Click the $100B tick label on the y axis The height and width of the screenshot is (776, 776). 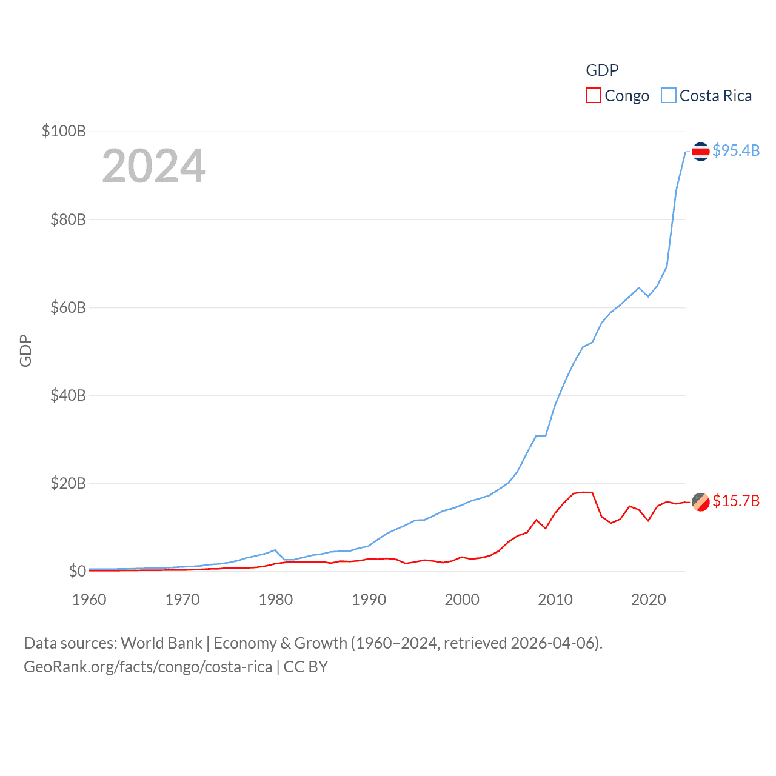64,131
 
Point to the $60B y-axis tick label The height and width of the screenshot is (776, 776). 68,307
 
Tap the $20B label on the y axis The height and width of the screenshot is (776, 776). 68,483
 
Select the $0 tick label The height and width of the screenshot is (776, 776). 77,571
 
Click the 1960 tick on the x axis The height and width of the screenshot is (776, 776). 89,600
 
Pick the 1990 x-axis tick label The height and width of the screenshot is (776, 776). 369,600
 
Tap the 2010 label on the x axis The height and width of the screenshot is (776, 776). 555,600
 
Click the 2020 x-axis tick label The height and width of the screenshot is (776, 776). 649,600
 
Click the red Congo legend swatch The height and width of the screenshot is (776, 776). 593,96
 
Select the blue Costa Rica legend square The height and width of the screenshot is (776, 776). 668,96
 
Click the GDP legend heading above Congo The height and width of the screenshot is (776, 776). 602,70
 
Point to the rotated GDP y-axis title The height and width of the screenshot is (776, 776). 25,350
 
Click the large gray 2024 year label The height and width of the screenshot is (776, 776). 153,166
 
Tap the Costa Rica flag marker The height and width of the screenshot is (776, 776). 700,151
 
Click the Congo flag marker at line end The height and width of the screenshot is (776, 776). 700,501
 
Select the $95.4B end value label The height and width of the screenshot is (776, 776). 736,150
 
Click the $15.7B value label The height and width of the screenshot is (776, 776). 736,501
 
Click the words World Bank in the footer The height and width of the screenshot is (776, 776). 161,643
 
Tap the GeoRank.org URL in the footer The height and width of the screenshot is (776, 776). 148,667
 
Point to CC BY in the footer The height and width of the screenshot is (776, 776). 306,667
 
